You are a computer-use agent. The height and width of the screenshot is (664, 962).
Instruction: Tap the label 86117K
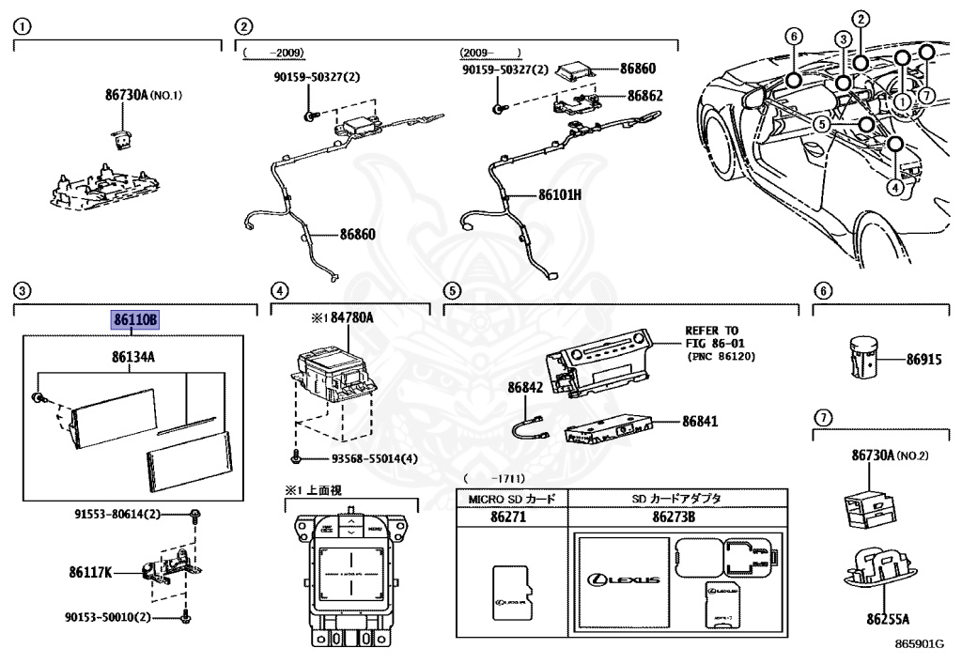[90, 571]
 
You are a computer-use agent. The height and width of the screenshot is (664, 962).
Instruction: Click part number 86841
[700, 422]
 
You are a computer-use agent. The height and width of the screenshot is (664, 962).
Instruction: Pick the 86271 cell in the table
[512, 516]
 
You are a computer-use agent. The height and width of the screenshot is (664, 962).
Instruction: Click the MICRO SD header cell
[512, 498]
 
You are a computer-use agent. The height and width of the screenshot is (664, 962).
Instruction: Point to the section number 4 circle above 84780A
[278, 290]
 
